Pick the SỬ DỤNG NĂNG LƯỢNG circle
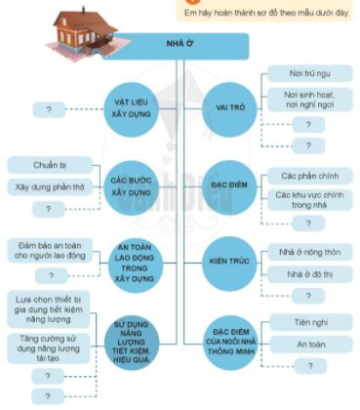137,338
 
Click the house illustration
82,23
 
